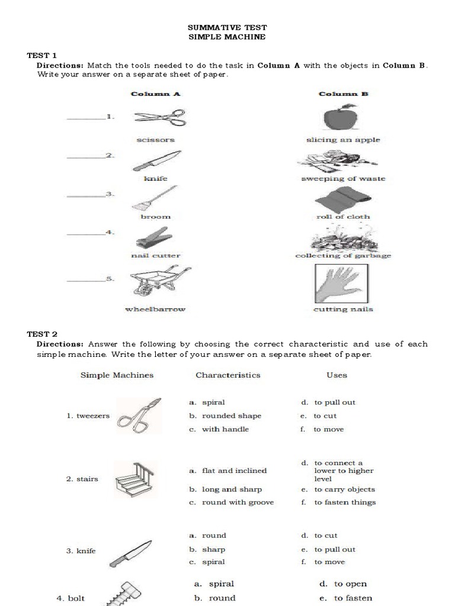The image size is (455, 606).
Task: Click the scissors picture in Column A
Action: click(x=160, y=118)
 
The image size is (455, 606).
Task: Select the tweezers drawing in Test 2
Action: click(x=139, y=413)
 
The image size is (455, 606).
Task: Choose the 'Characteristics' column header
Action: click(x=227, y=375)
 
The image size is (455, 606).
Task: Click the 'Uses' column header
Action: click(x=337, y=375)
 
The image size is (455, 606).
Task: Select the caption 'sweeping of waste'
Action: click(x=343, y=179)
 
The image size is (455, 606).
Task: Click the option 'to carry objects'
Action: click(x=344, y=490)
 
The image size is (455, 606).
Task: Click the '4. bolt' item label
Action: click(x=71, y=598)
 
